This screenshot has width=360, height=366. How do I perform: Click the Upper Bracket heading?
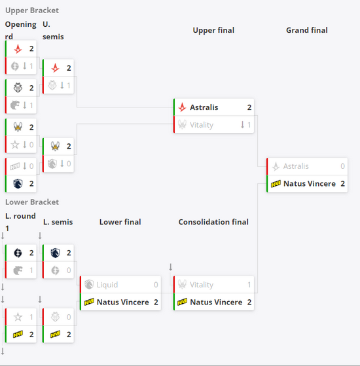point(32,10)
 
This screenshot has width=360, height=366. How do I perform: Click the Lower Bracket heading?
point(32,202)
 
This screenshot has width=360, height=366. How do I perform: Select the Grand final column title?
point(307,30)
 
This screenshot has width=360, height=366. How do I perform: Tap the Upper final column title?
point(213,30)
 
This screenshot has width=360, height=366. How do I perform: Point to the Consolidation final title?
point(213,222)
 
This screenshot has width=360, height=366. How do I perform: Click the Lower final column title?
point(120,222)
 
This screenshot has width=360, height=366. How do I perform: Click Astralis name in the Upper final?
point(204,107)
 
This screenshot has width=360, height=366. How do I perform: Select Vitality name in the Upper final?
point(202,125)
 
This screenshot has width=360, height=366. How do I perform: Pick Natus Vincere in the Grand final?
point(310,184)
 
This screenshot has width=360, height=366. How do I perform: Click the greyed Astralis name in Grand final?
point(296,166)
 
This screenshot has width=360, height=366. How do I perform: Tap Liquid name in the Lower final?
point(107,285)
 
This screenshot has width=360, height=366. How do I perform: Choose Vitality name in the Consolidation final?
point(202,285)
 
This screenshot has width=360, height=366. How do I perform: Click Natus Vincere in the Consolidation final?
point(216,302)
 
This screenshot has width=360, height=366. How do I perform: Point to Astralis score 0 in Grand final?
point(342,166)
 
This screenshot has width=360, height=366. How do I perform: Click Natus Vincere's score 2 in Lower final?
point(156,302)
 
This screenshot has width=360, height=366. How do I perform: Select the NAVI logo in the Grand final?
point(276,184)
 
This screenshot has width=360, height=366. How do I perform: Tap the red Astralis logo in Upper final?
point(182,107)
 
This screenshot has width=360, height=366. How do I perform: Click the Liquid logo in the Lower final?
point(89,285)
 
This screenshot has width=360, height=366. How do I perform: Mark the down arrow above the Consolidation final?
point(171,266)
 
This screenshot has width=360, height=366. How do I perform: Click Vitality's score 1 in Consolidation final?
point(249,285)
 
